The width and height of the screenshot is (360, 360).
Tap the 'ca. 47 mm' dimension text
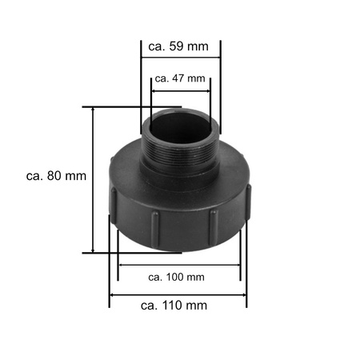coord(180,78)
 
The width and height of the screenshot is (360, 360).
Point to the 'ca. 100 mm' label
coord(177,277)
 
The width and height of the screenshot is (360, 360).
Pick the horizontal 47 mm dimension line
coord(180,91)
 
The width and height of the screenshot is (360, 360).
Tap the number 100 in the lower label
coord(175,277)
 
